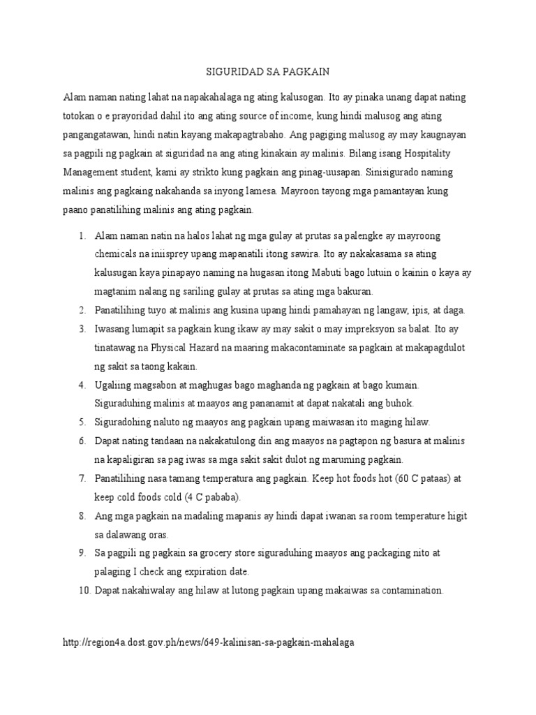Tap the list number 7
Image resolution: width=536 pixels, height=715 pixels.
pyautogui.click(x=82, y=478)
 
